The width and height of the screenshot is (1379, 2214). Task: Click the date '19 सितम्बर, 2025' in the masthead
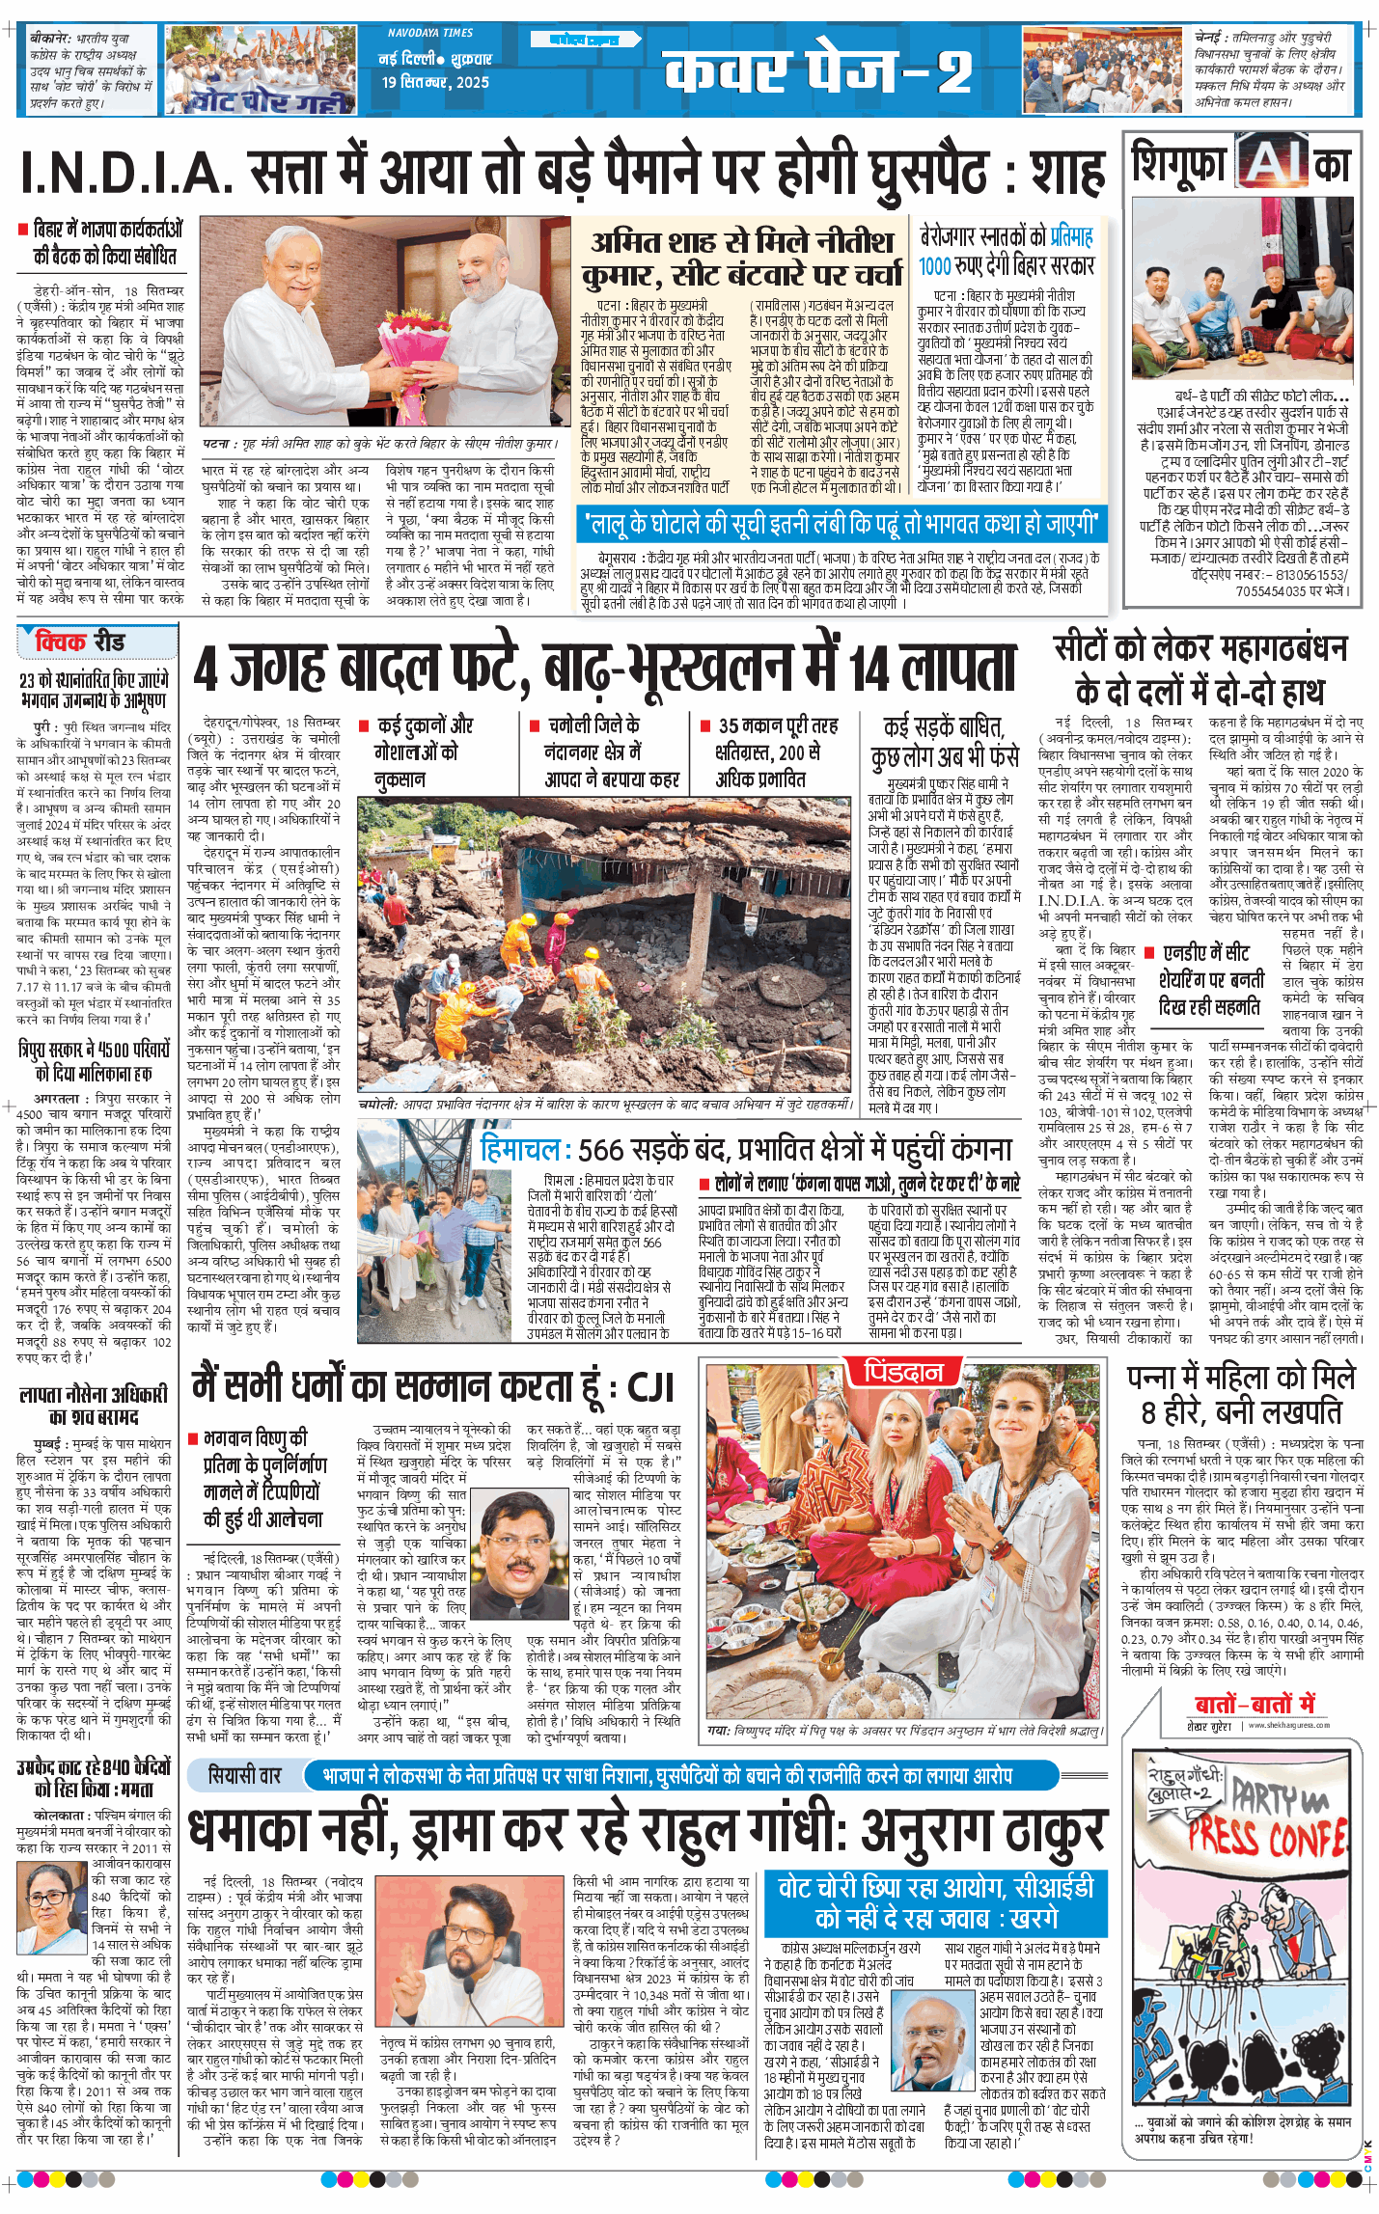435,83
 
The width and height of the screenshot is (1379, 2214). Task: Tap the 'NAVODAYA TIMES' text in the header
430,33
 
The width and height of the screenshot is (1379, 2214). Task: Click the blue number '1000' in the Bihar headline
934,266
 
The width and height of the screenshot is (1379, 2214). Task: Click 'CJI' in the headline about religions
649,1387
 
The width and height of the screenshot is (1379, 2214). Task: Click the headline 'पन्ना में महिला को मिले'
1241,1377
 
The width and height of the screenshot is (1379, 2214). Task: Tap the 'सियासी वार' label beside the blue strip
245,1774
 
